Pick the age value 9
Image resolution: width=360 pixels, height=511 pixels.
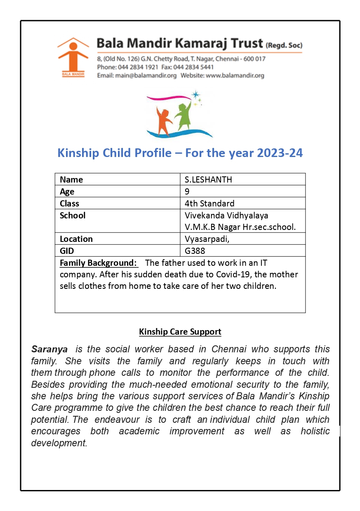pyautogui.click(x=188, y=192)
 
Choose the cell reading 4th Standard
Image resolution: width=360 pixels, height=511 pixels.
pyautogui.click(x=210, y=204)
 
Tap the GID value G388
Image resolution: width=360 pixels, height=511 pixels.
pyautogui.click(x=195, y=251)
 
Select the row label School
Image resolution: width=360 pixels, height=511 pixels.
pyautogui.click(x=73, y=216)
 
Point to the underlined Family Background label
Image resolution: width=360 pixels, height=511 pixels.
pyautogui.click(x=98, y=263)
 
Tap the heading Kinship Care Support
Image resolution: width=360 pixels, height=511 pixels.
pyautogui.click(x=180, y=332)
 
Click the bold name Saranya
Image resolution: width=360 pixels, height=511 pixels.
pyautogui.click(x=49, y=349)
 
